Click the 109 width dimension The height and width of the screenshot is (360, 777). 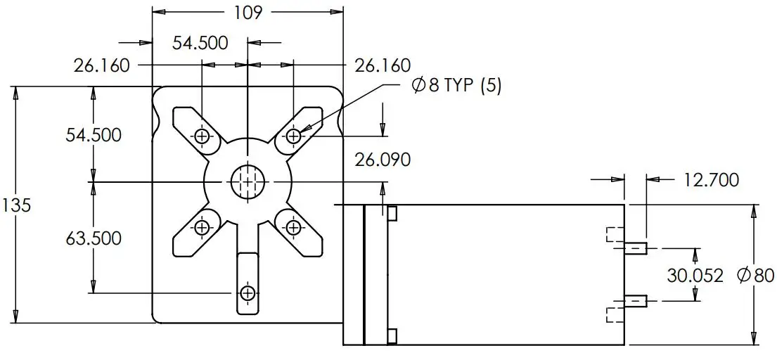point(248,13)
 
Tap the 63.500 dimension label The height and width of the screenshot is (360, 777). point(94,238)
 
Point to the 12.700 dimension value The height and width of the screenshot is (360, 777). point(711,180)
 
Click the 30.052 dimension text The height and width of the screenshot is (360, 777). point(695,276)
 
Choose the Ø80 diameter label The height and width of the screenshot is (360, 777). point(755,276)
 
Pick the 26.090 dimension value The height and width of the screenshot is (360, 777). point(383,159)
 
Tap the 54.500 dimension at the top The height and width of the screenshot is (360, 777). point(201,43)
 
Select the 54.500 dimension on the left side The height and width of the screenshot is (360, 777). point(94,135)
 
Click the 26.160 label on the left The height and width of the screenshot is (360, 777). point(102,65)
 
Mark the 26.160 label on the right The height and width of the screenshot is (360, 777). point(383,65)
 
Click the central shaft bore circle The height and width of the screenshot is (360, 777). point(248,181)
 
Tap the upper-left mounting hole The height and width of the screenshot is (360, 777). point(203,136)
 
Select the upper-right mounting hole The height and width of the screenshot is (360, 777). point(293,136)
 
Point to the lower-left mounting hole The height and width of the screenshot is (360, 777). point(203,227)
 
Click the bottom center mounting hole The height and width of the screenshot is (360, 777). point(248,292)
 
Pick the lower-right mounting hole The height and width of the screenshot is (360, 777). point(293,227)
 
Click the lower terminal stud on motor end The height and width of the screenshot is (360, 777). point(636,302)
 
